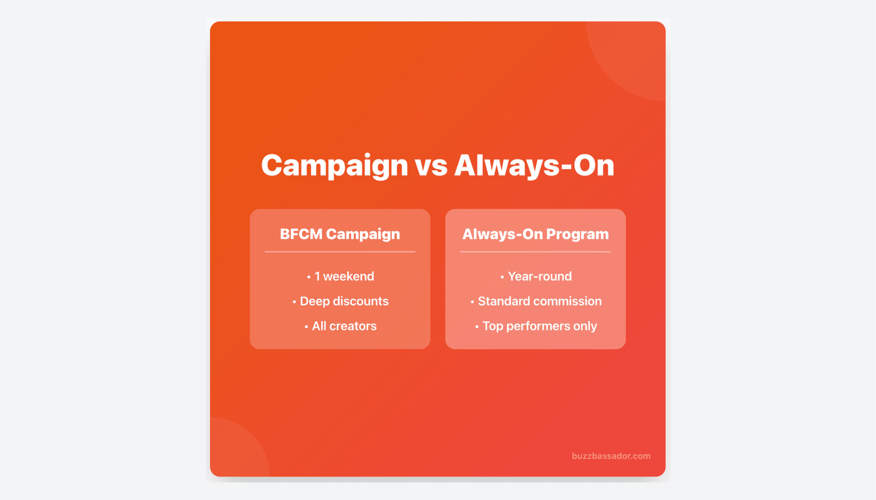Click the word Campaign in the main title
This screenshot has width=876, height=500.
click(334, 166)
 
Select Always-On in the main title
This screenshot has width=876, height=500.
click(534, 166)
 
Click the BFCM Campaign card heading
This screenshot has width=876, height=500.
click(340, 234)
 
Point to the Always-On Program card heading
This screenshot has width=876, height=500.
click(535, 234)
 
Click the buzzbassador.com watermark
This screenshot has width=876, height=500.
click(611, 456)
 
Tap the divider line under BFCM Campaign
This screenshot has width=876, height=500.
click(340, 252)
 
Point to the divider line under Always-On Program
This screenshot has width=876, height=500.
click(535, 252)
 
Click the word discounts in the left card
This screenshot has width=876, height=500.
click(360, 301)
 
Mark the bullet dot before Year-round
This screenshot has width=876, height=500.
click(502, 277)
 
